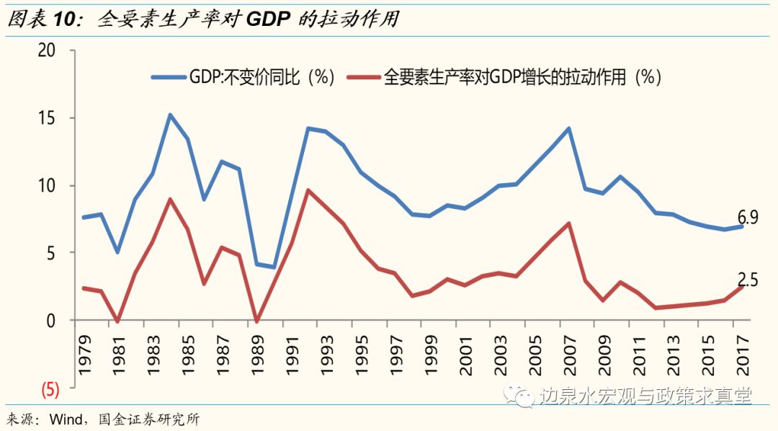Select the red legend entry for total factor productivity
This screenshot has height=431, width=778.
[504, 77]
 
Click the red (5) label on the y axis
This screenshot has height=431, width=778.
[49, 389]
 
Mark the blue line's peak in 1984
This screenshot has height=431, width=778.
[170, 115]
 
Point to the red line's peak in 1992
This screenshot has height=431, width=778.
[308, 190]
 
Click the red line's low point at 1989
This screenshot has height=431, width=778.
[257, 321]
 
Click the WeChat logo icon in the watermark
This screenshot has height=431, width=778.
[520, 396]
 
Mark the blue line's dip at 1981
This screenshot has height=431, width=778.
[117, 252]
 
